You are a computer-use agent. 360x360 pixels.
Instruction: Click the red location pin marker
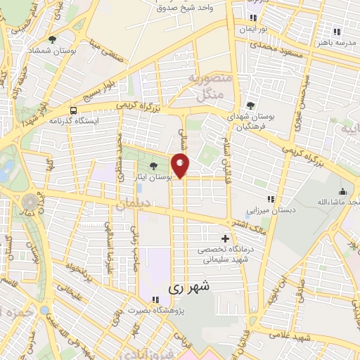click(x=181, y=165)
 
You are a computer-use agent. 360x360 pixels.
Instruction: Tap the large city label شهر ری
click(x=190, y=288)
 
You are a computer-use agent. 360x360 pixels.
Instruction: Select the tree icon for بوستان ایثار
click(x=154, y=167)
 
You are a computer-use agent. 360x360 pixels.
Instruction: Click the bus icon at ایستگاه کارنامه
click(x=74, y=110)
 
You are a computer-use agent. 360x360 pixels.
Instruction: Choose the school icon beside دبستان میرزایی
click(x=271, y=199)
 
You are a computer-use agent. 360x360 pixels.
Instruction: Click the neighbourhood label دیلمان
click(x=133, y=205)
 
